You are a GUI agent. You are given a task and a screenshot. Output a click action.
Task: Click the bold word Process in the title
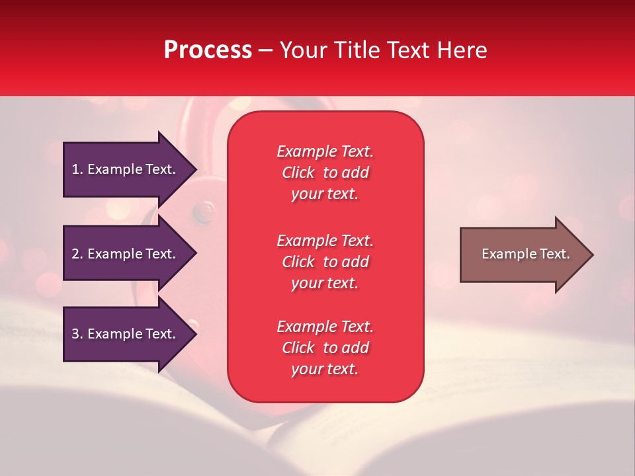point(208,50)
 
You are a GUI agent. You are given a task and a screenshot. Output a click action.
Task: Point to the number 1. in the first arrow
point(77,169)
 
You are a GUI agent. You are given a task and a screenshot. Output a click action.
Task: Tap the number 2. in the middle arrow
point(77,254)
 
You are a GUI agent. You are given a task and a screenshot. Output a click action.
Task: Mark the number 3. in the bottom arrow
point(77,334)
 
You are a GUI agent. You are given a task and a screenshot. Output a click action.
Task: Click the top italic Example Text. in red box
point(325,151)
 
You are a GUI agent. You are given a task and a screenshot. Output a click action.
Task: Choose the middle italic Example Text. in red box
point(325,240)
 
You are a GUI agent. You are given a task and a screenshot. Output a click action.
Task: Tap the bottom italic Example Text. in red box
point(325,327)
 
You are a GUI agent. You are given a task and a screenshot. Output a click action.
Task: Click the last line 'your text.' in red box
point(325,370)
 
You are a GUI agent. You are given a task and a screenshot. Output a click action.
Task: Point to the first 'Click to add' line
point(325,173)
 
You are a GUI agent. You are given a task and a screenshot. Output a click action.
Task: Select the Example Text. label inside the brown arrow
point(525,254)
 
